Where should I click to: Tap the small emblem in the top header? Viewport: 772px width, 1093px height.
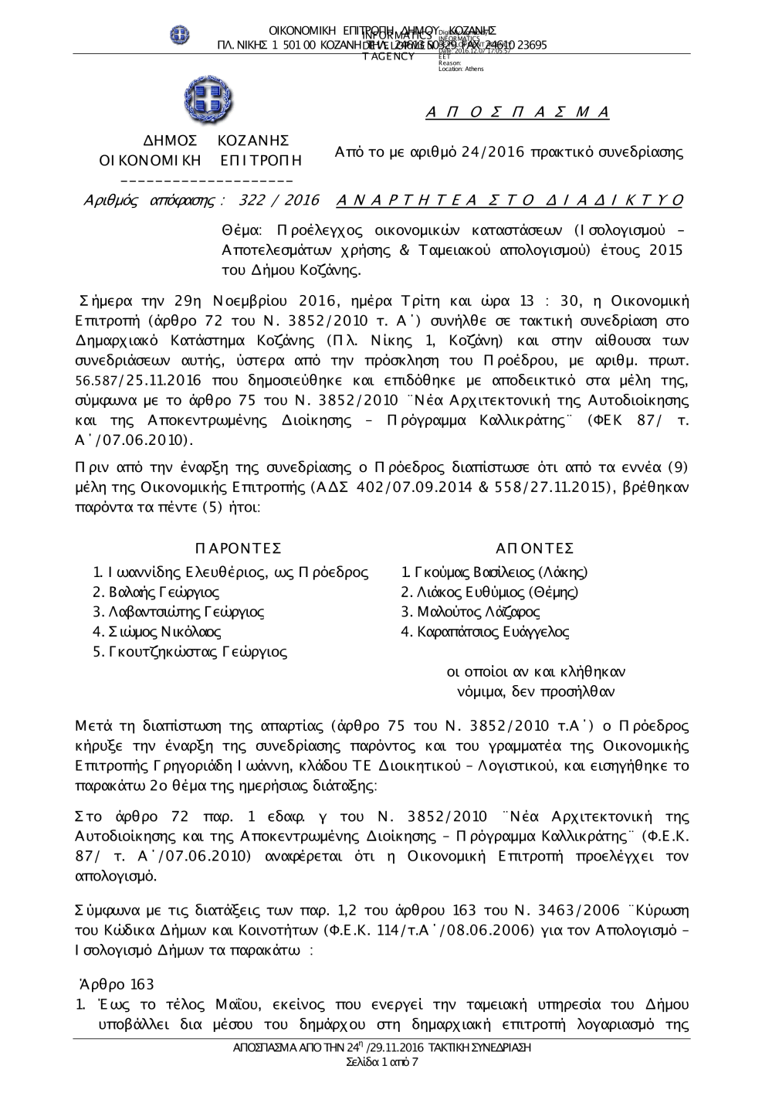tap(180, 34)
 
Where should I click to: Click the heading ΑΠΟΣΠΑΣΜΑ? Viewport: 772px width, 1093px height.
tap(518, 113)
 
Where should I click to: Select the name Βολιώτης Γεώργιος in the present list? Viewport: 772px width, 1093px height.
tap(156, 592)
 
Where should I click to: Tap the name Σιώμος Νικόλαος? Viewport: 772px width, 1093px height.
tap(157, 632)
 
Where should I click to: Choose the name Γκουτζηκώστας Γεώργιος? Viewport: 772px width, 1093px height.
tap(190, 652)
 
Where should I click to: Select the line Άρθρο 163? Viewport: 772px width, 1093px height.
tap(117, 984)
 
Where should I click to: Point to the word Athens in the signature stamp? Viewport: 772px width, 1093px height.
tap(473, 70)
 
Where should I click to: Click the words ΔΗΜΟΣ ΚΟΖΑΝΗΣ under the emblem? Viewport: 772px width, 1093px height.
tap(216, 141)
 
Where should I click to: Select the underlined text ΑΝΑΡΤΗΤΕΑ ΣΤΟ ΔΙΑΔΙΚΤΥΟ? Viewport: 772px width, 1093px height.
tap(510, 201)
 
